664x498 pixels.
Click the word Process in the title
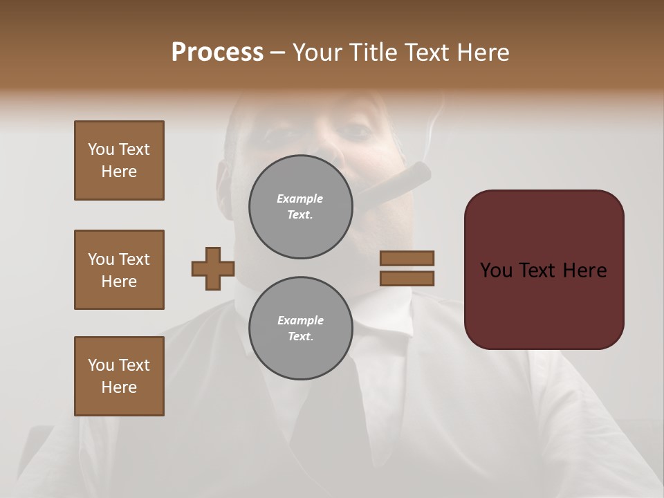[217, 53]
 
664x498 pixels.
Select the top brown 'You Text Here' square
[119, 160]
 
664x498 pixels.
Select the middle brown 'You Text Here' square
[119, 270]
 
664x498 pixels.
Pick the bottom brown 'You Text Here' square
[119, 376]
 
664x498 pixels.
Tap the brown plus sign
[213, 269]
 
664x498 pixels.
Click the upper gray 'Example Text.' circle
[300, 207]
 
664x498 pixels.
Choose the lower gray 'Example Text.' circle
[300, 328]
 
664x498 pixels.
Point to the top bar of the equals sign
[407, 258]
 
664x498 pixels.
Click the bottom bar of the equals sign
[407, 278]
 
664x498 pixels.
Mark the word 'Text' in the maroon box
[542, 270]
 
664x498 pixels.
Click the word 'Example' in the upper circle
[300, 199]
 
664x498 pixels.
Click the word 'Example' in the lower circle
[300, 320]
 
